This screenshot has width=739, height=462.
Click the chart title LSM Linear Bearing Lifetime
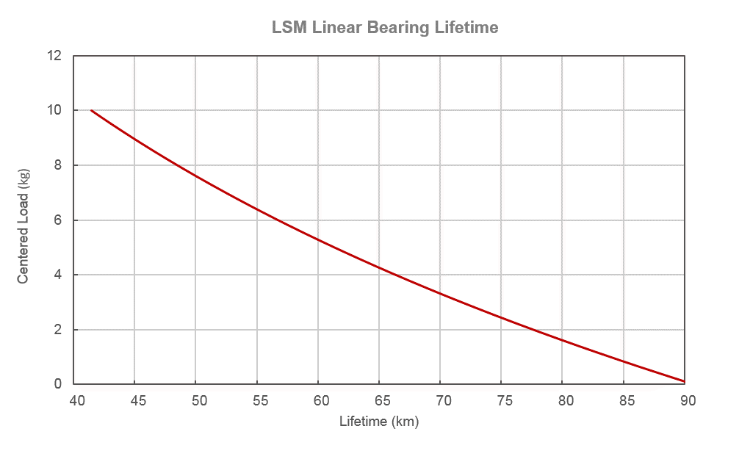pyautogui.click(x=385, y=28)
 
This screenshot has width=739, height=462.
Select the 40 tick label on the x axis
pyautogui.click(x=76, y=401)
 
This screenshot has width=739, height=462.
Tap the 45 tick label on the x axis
pyautogui.click(x=137, y=401)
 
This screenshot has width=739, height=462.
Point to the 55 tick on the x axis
pyautogui.click(x=259, y=401)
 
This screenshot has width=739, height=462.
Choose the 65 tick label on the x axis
pyautogui.click(x=381, y=401)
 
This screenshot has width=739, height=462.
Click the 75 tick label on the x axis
pyautogui.click(x=504, y=401)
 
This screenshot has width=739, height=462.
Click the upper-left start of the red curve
pyautogui.click(x=91, y=110)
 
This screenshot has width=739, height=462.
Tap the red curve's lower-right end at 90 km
pyautogui.click(x=684, y=381)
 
